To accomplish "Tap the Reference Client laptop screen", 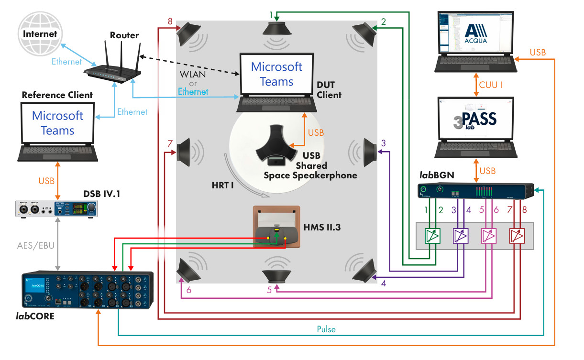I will point(57,123).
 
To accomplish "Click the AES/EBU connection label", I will point(35,246).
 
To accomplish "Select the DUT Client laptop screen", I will point(276,74).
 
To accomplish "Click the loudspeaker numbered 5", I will point(277,278).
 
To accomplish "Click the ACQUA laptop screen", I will point(475,33).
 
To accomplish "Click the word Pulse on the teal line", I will point(326,329).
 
